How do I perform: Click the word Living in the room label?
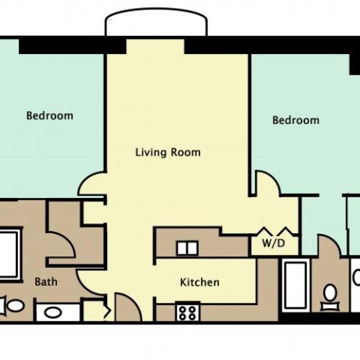(150, 153)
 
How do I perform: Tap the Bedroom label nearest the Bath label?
(50, 116)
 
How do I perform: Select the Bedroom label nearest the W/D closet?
(296, 120)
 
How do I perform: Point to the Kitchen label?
(199, 282)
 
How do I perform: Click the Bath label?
(46, 282)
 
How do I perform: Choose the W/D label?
(274, 243)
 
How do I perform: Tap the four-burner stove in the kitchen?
(188, 311)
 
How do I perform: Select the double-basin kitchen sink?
(187, 248)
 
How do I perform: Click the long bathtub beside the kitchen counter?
(295, 285)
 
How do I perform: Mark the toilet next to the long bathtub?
(330, 297)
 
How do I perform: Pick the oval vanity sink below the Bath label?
(53, 312)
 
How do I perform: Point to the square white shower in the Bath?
(9, 253)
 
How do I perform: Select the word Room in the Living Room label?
(186, 153)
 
